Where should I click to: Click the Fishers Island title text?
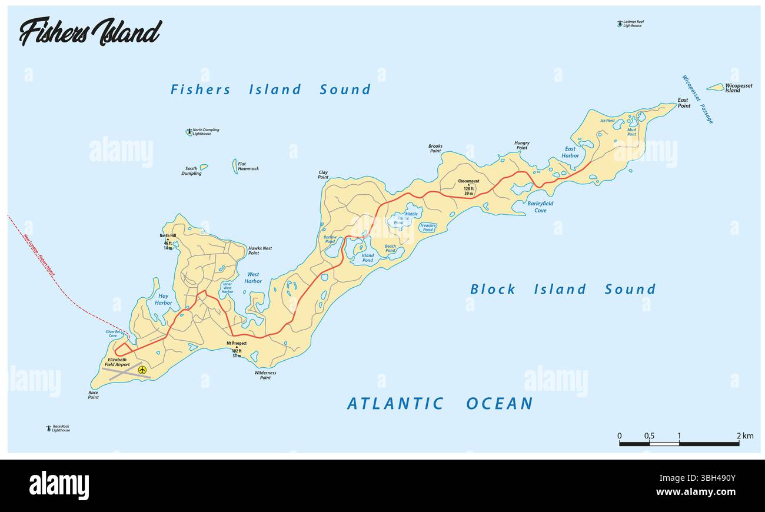(89, 32)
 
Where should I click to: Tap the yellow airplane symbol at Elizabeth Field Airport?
(142, 370)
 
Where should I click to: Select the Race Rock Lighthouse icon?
(48, 428)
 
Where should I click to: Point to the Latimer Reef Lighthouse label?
(633, 24)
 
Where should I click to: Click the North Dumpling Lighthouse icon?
(189, 132)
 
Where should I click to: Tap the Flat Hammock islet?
(235, 166)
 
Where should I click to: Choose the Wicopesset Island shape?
(715, 87)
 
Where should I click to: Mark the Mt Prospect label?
(237, 343)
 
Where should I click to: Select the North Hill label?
(168, 236)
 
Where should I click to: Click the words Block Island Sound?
(562, 289)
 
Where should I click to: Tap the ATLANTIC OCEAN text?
(440, 403)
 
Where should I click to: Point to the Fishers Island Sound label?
(271, 89)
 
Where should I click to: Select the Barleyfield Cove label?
(540, 207)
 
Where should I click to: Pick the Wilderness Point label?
(265, 375)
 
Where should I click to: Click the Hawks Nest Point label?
(260, 251)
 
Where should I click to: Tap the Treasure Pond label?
(428, 228)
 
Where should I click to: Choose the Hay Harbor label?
(163, 300)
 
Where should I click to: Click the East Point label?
(683, 102)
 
